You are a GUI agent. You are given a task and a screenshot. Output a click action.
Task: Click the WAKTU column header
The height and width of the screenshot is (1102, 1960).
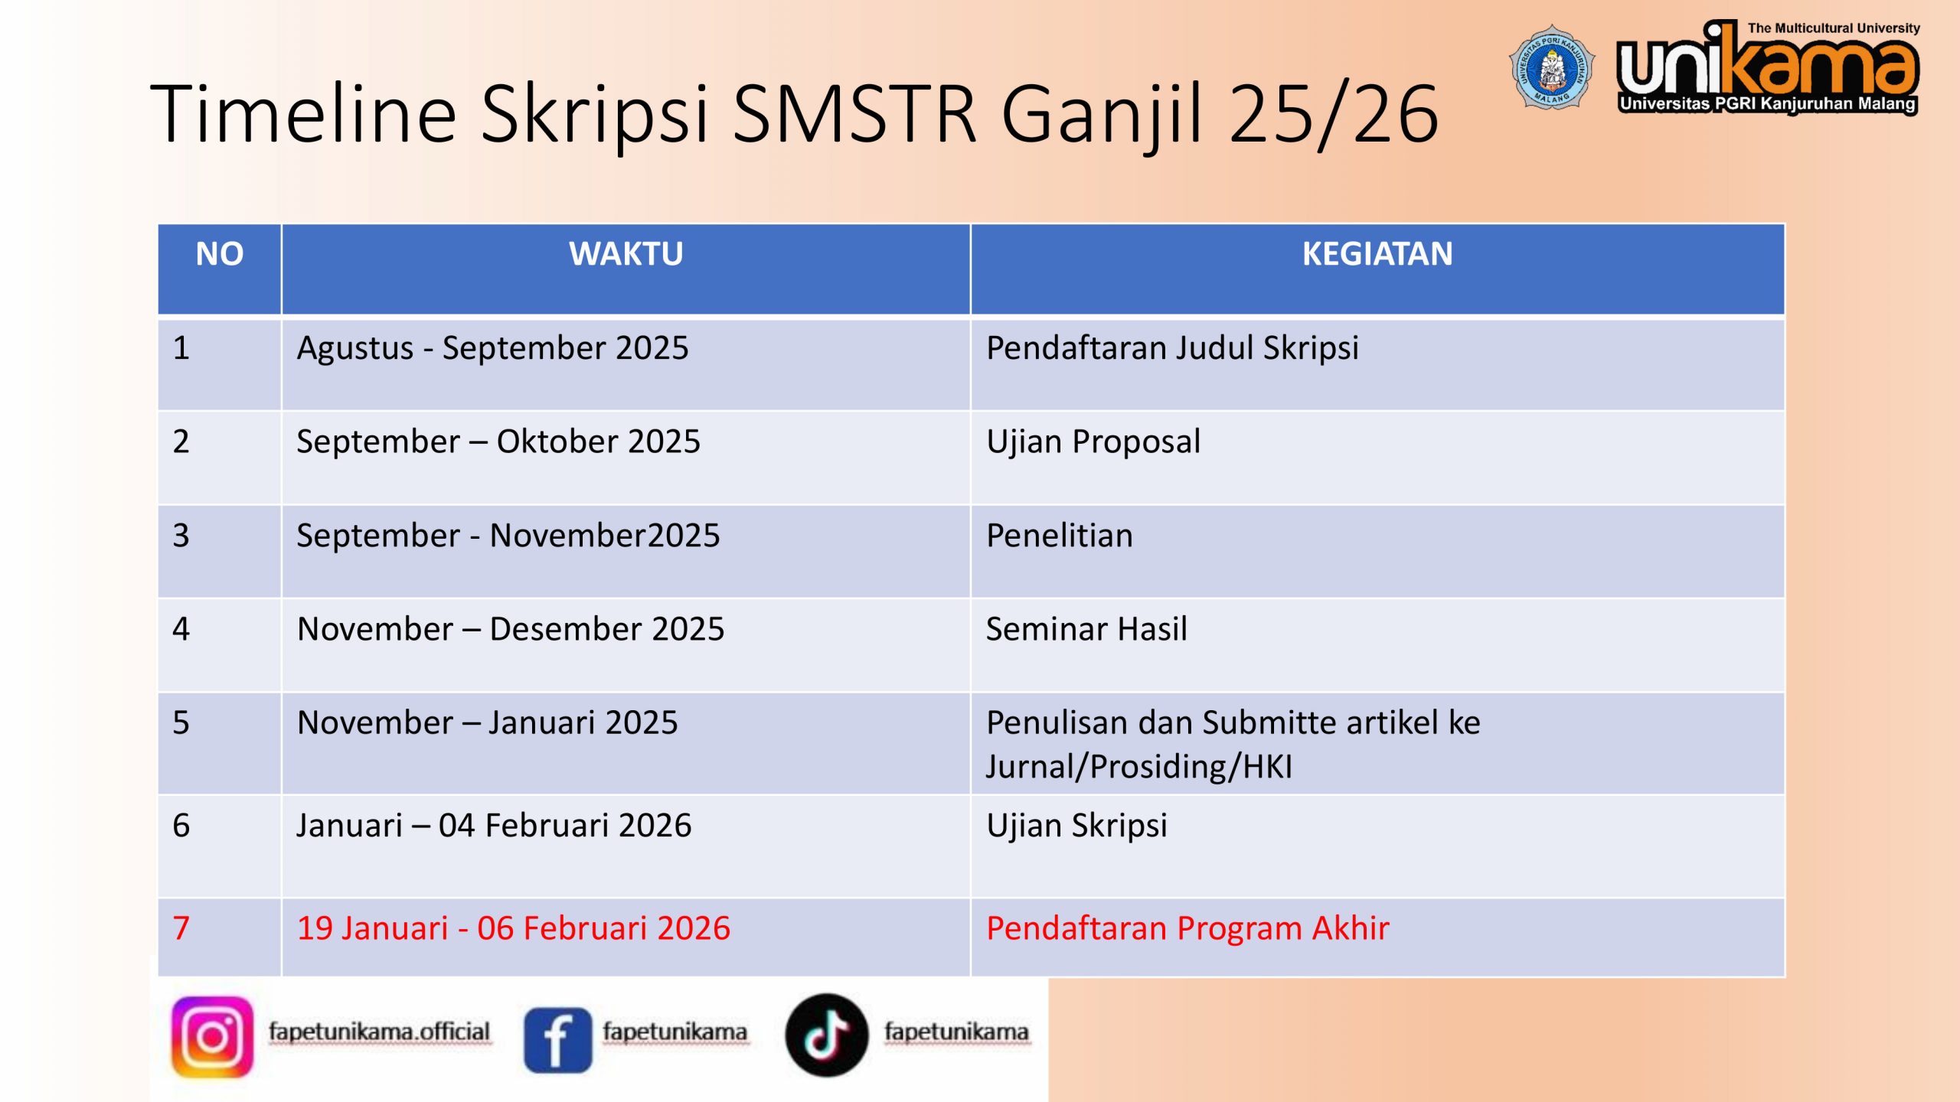[x=626, y=254]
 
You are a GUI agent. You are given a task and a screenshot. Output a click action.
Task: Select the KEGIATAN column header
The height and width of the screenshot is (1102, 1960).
[x=1377, y=254]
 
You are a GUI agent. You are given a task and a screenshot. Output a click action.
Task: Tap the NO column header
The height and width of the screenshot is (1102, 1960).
[x=220, y=254]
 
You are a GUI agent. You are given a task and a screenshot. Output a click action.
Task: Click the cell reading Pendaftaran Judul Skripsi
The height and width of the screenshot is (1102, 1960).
[x=1172, y=348]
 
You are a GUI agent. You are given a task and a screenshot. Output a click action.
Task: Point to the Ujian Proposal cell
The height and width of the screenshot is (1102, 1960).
[x=1093, y=442]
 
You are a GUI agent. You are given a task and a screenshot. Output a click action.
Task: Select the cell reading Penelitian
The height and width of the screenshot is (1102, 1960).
[x=1059, y=535]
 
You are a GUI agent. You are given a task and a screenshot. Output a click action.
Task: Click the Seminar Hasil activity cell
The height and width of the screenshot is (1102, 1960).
[x=1086, y=629]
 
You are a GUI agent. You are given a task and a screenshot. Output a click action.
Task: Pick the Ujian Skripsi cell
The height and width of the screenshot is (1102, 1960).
[x=1076, y=826]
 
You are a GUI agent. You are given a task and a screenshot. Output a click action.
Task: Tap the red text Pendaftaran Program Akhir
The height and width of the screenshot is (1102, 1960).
[x=1187, y=928]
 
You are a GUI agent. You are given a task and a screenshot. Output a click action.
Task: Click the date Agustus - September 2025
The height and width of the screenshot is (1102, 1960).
[x=492, y=348]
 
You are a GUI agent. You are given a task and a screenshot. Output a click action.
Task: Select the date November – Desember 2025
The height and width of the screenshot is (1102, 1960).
[x=510, y=629]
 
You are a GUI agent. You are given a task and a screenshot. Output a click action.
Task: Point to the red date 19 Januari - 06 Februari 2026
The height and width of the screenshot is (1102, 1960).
[x=513, y=928]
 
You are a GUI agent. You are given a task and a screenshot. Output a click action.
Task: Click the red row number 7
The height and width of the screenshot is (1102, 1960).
[x=181, y=928]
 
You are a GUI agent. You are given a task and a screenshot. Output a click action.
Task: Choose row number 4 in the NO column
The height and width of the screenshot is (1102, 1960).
[x=181, y=629]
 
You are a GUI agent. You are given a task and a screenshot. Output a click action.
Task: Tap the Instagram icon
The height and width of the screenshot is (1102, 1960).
[x=212, y=1037]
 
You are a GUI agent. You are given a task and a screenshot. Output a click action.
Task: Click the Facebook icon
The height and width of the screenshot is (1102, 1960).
[x=557, y=1040]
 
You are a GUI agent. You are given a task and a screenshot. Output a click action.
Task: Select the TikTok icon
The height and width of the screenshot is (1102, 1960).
[x=826, y=1035]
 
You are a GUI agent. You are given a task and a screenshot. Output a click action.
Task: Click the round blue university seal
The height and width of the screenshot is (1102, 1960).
[x=1552, y=67]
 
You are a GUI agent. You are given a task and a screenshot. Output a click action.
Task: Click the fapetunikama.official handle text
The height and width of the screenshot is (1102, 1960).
[x=379, y=1032]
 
